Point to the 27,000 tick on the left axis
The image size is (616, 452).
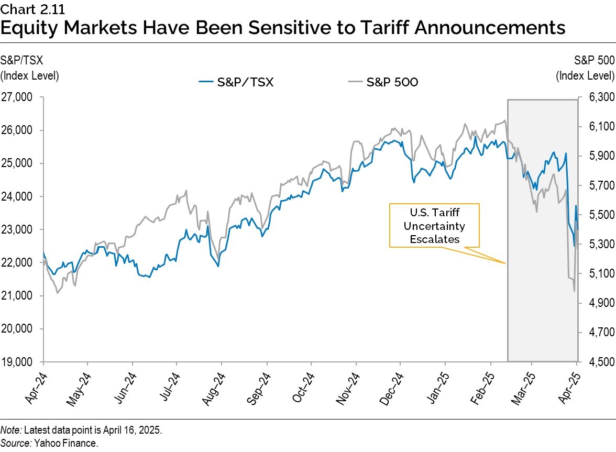click(18, 97)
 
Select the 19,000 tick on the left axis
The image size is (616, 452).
click(18, 362)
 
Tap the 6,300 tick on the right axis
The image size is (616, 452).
click(596, 97)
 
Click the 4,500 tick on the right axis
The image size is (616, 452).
click(596, 362)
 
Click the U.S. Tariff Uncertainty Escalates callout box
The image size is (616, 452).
click(434, 225)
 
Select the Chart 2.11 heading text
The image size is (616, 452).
click(28, 8)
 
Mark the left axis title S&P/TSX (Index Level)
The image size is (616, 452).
click(29, 68)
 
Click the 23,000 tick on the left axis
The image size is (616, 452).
click(18, 229)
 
